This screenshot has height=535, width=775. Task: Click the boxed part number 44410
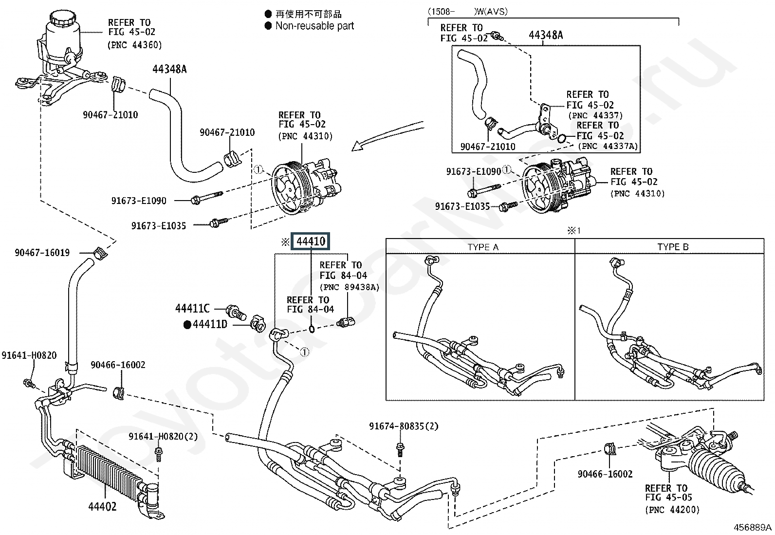click(x=311, y=241)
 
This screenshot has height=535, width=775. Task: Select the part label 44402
click(x=102, y=506)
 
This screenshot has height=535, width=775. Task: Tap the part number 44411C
click(x=192, y=309)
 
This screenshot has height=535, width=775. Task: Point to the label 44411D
click(x=209, y=324)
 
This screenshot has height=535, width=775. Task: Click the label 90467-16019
click(x=42, y=253)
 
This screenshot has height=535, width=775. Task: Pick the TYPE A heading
click(x=483, y=247)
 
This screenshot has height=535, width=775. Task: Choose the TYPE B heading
click(x=673, y=247)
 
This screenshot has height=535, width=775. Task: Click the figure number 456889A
click(x=753, y=528)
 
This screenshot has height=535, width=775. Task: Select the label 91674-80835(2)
click(x=404, y=426)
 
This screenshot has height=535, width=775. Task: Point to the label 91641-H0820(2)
click(x=163, y=437)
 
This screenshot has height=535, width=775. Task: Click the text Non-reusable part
click(x=314, y=26)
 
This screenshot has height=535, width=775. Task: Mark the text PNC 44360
click(x=134, y=45)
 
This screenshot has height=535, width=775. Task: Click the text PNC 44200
click(x=672, y=510)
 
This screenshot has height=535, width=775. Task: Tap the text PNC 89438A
click(x=349, y=287)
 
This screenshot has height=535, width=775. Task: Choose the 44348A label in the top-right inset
click(x=545, y=35)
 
